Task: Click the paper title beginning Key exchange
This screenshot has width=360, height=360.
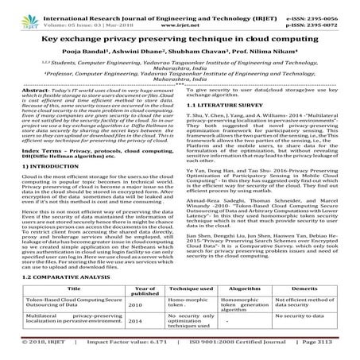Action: pyautogui.click(x=180, y=37)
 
